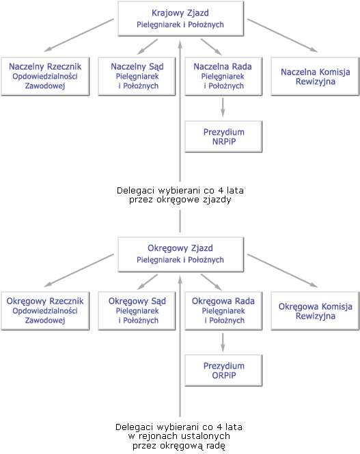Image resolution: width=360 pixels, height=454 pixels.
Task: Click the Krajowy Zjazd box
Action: (x=180, y=18)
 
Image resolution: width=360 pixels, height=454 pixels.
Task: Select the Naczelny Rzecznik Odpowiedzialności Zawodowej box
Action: (x=45, y=76)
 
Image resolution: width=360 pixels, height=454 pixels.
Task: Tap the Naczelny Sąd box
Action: (x=137, y=76)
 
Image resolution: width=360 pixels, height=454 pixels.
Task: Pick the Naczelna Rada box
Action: (x=223, y=76)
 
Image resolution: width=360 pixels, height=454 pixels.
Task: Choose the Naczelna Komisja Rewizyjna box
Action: (x=315, y=76)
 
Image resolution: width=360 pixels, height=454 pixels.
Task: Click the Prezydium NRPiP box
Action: (x=223, y=136)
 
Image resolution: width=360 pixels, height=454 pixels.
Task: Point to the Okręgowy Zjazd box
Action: (x=180, y=254)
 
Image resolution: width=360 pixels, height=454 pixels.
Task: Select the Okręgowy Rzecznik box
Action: (x=45, y=310)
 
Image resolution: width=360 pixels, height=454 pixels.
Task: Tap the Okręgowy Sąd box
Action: (x=137, y=310)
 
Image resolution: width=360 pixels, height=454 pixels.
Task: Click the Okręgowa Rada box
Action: (x=223, y=310)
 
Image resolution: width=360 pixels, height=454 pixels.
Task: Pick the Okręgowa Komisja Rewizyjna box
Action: (x=315, y=310)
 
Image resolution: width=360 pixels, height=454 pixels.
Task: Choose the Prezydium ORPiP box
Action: (x=223, y=371)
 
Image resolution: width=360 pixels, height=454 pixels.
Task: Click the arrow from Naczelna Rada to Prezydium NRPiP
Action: (x=223, y=107)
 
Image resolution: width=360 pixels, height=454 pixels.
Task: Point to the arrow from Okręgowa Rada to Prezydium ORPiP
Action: (x=223, y=343)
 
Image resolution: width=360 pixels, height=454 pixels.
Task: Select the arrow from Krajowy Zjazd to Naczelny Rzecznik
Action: (x=79, y=36)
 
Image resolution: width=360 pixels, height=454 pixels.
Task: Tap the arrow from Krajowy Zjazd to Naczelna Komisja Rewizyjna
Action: (x=283, y=36)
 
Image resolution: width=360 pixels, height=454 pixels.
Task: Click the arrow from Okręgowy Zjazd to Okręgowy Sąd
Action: (x=148, y=282)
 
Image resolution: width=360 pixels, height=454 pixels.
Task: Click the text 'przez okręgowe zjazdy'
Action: (x=180, y=200)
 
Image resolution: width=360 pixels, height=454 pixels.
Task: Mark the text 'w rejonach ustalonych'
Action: (x=179, y=436)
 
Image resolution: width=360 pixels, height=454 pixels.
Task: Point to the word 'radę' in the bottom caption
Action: (x=214, y=446)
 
